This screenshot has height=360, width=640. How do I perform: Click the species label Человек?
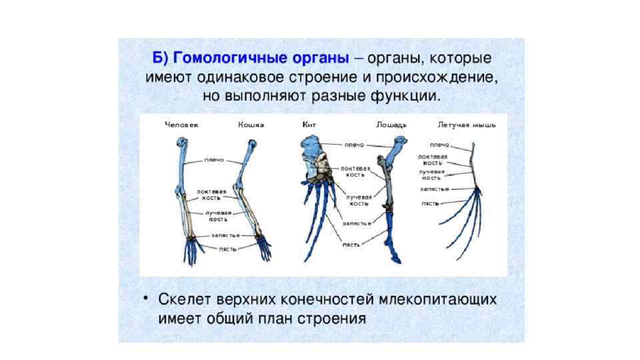click(182, 125)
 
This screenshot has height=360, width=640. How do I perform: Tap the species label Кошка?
click(251, 125)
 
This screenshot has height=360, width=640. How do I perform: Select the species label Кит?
click(309, 125)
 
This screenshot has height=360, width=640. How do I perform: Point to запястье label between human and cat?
click(225, 235)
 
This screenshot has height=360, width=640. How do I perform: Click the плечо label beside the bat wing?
click(439, 145)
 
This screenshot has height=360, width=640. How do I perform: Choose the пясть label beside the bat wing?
click(429, 203)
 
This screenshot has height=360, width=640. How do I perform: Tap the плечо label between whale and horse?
click(354, 145)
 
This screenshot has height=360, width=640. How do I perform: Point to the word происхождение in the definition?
click(435, 77)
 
